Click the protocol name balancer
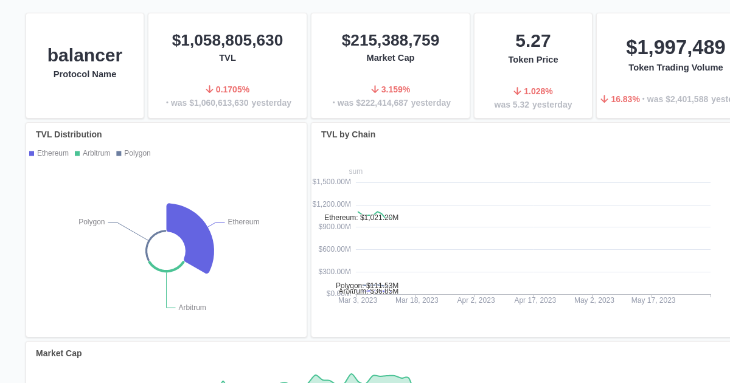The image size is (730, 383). (x=85, y=55)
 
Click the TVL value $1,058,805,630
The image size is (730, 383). (x=227, y=40)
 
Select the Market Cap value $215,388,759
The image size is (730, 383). (x=390, y=40)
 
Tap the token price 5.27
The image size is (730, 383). (x=533, y=41)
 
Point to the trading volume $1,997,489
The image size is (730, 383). (x=675, y=47)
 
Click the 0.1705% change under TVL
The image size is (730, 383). (x=228, y=89)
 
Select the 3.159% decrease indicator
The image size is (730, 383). (x=391, y=89)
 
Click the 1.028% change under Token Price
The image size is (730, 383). (x=533, y=91)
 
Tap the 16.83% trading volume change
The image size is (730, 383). (x=620, y=99)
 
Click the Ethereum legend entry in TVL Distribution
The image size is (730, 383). (x=49, y=153)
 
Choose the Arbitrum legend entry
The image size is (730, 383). (x=92, y=153)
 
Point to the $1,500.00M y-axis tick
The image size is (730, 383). (x=332, y=182)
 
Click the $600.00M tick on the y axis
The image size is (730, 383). (x=335, y=249)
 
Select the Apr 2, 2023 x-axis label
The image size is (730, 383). (x=476, y=300)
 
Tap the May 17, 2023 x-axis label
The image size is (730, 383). (x=653, y=300)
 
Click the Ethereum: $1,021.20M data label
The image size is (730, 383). (x=361, y=218)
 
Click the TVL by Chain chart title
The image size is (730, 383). (x=348, y=134)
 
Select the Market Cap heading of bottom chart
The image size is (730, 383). (x=58, y=353)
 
